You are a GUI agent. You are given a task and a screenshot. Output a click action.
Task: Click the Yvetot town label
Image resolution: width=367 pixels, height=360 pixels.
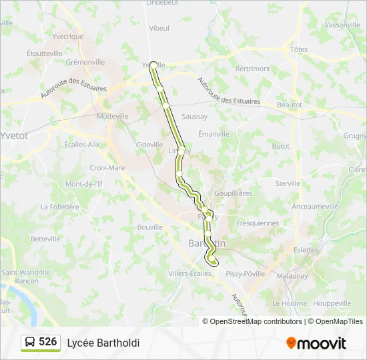coord(14,135)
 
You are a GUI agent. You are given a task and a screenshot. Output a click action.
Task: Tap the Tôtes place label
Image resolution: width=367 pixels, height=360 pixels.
coord(299,49)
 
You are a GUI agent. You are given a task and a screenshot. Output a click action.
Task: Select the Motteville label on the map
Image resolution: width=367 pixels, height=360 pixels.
coord(113,116)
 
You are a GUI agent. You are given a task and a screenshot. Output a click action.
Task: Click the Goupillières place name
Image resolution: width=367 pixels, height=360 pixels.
coord(233,193)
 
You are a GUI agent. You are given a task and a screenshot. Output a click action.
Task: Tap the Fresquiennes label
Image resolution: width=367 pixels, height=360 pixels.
coord(258,223)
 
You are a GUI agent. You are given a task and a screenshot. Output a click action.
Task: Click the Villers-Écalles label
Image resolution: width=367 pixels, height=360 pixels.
coord(190,273)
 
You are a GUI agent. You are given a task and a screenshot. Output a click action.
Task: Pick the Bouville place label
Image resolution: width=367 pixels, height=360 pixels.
coord(150,227)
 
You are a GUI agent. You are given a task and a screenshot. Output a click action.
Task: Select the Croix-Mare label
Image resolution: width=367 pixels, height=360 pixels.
coord(107,168)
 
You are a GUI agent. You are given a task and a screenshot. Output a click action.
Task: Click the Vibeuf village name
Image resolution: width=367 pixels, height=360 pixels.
coord(159,29)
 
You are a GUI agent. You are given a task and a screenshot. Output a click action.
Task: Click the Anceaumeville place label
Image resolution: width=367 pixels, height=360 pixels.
coord(316,207)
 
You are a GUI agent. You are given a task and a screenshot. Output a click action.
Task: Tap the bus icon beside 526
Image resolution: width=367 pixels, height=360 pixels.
coord(31,343)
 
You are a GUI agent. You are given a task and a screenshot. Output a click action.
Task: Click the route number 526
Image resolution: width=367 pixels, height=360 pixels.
coord(48,342)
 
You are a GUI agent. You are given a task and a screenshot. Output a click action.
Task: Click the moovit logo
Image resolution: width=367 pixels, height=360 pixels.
coord(316,343)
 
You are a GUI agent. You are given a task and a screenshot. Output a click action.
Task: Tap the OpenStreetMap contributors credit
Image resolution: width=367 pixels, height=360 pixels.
coord(252,321)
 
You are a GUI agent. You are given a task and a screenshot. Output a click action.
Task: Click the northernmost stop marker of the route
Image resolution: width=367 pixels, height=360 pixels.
coord(153,65)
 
